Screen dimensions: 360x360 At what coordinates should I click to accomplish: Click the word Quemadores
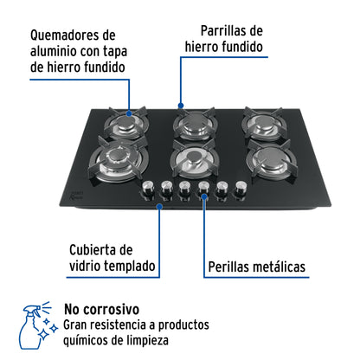click(71, 35)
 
